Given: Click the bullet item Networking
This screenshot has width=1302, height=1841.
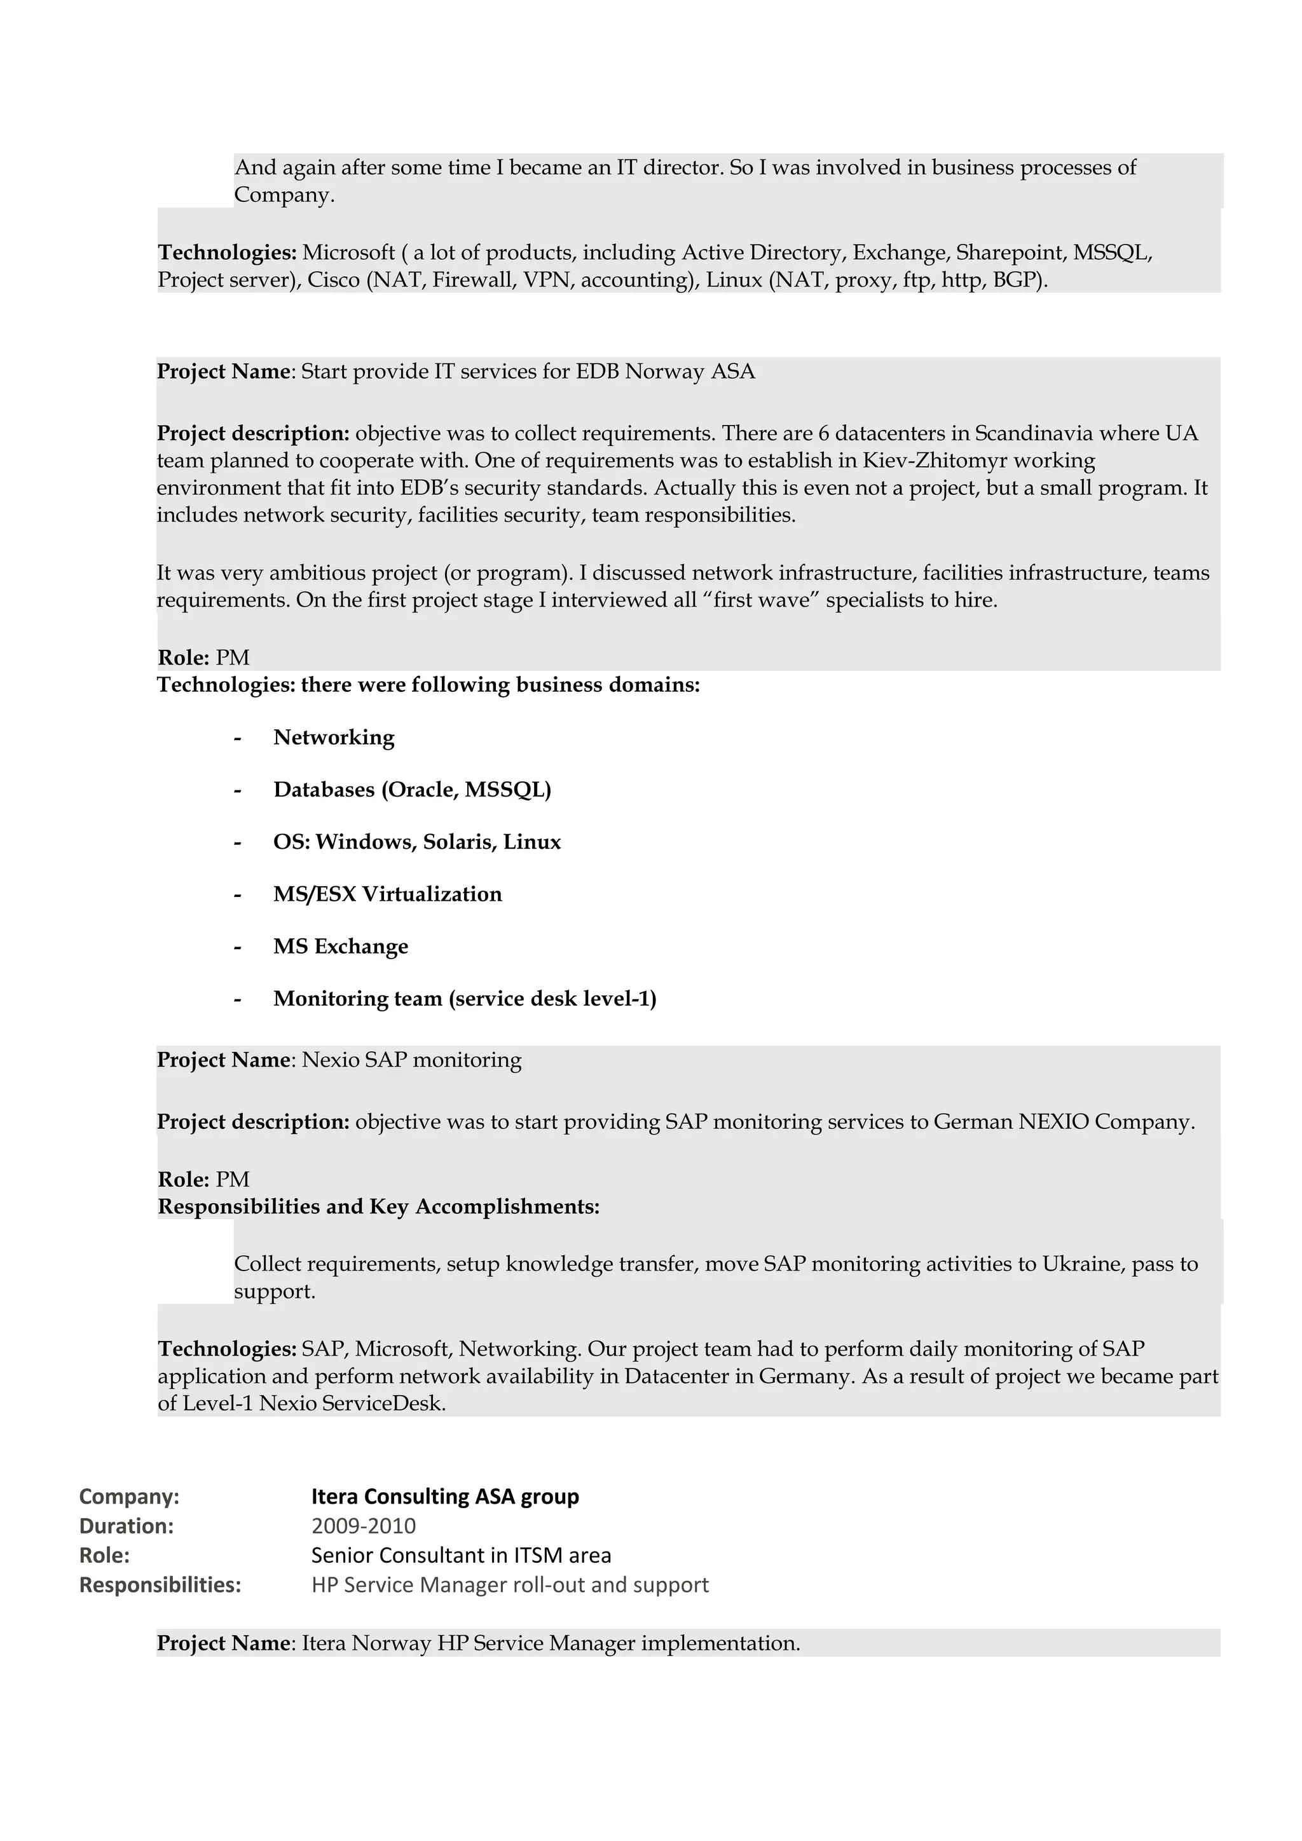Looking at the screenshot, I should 334,738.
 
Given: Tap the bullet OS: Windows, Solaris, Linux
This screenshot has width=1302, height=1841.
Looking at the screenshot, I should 416,842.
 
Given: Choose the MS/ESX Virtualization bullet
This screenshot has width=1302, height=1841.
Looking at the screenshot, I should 387,894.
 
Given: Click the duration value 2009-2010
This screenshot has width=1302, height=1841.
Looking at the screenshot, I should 364,1525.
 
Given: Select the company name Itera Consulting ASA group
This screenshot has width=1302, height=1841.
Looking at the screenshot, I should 444,1496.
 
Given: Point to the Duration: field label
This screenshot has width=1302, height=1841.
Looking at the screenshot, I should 127,1525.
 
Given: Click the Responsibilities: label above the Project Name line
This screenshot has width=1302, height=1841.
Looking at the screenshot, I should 160,1584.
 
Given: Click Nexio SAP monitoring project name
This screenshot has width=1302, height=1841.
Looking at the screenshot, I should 411,1060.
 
